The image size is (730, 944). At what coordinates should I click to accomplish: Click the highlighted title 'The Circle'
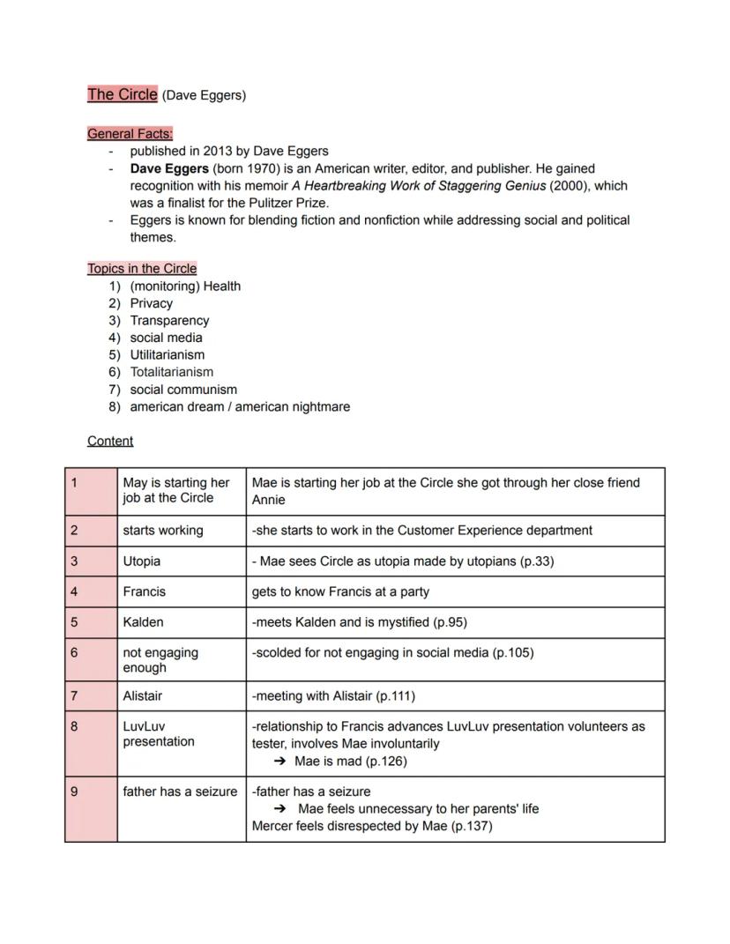[122, 94]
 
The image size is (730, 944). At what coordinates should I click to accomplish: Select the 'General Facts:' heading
[130, 134]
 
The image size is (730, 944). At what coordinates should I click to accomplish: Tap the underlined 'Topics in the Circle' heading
[142, 269]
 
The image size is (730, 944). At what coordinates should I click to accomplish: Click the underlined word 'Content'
[110, 441]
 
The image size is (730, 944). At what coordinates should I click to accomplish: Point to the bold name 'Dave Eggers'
[169, 168]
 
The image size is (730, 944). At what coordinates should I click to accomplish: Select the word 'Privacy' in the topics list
[152, 303]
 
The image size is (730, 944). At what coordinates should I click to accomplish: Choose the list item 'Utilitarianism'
[168, 354]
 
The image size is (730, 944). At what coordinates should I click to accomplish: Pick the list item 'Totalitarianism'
[172, 372]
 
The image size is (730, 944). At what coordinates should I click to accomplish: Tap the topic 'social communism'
[183, 390]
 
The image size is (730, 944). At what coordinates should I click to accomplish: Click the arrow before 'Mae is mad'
[280, 762]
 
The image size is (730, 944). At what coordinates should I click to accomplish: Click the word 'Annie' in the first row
[269, 500]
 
